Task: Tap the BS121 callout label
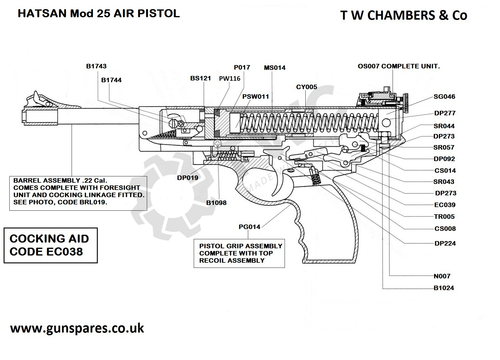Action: click(x=201, y=77)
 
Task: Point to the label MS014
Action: click(x=275, y=66)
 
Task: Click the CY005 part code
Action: click(x=306, y=87)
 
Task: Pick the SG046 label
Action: click(x=445, y=96)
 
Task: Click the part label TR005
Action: click(x=445, y=216)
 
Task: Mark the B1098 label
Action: click(x=218, y=202)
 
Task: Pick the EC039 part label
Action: click(x=445, y=204)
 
